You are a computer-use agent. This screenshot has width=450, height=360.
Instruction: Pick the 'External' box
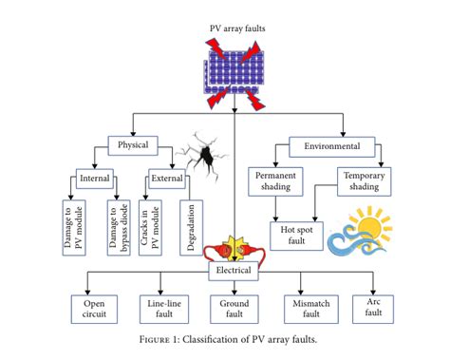[166, 178]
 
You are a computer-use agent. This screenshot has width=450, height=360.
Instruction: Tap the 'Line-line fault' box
[160, 310]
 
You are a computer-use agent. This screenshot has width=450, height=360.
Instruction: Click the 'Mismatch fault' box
[305, 310]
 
